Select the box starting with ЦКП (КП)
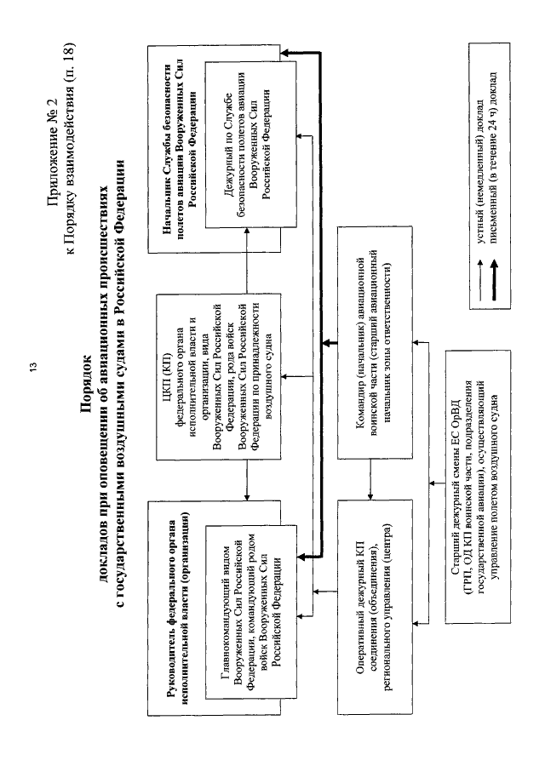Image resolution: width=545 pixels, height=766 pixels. pos(219,377)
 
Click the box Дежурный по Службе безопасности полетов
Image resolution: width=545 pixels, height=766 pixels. pos(250,145)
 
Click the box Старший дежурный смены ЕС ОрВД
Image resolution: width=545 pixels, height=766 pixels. pos(478,487)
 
